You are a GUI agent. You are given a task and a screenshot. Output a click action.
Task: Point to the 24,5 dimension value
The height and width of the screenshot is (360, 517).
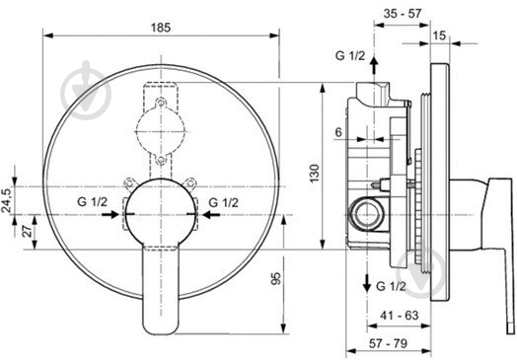point(8,199)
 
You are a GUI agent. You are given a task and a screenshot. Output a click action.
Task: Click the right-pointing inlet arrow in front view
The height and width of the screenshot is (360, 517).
point(111,211)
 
